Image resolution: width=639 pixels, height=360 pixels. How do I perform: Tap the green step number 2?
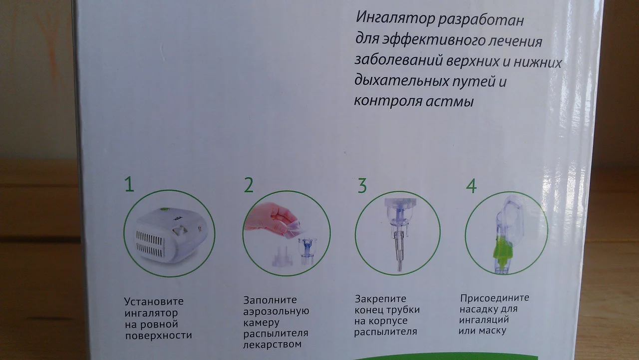249,185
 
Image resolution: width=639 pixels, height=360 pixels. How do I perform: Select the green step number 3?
362,186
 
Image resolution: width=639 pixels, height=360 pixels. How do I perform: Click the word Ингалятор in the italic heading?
395,18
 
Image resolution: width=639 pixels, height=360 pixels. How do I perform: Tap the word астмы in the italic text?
450,101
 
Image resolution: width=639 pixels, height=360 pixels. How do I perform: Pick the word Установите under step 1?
154,302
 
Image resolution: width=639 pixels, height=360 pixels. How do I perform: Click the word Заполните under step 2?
270,300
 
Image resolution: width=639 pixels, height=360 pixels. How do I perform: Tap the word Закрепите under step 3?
380,299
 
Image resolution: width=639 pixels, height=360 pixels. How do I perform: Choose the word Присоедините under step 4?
495,298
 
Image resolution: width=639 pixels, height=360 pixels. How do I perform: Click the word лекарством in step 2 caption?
272,345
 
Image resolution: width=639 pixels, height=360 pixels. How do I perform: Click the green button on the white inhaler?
164,210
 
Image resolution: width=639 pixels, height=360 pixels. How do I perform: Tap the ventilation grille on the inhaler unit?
150,243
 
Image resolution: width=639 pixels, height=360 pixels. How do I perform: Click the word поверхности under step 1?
158,336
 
